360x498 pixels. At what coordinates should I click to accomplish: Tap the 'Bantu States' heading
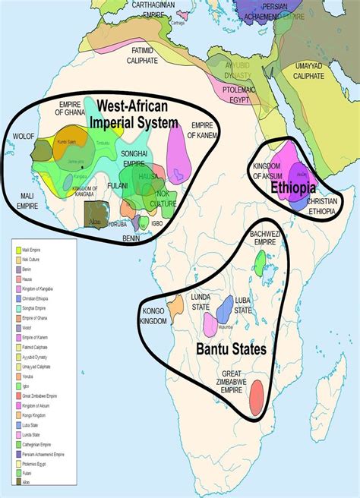(x=231, y=349)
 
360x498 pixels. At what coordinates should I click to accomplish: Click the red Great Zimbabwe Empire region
(x=257, y=394)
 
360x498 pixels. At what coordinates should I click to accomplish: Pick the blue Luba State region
(x=225, y=309)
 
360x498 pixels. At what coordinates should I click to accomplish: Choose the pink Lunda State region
(x=209, y=325)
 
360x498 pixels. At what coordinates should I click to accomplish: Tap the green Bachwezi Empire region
(x=261, y=263)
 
